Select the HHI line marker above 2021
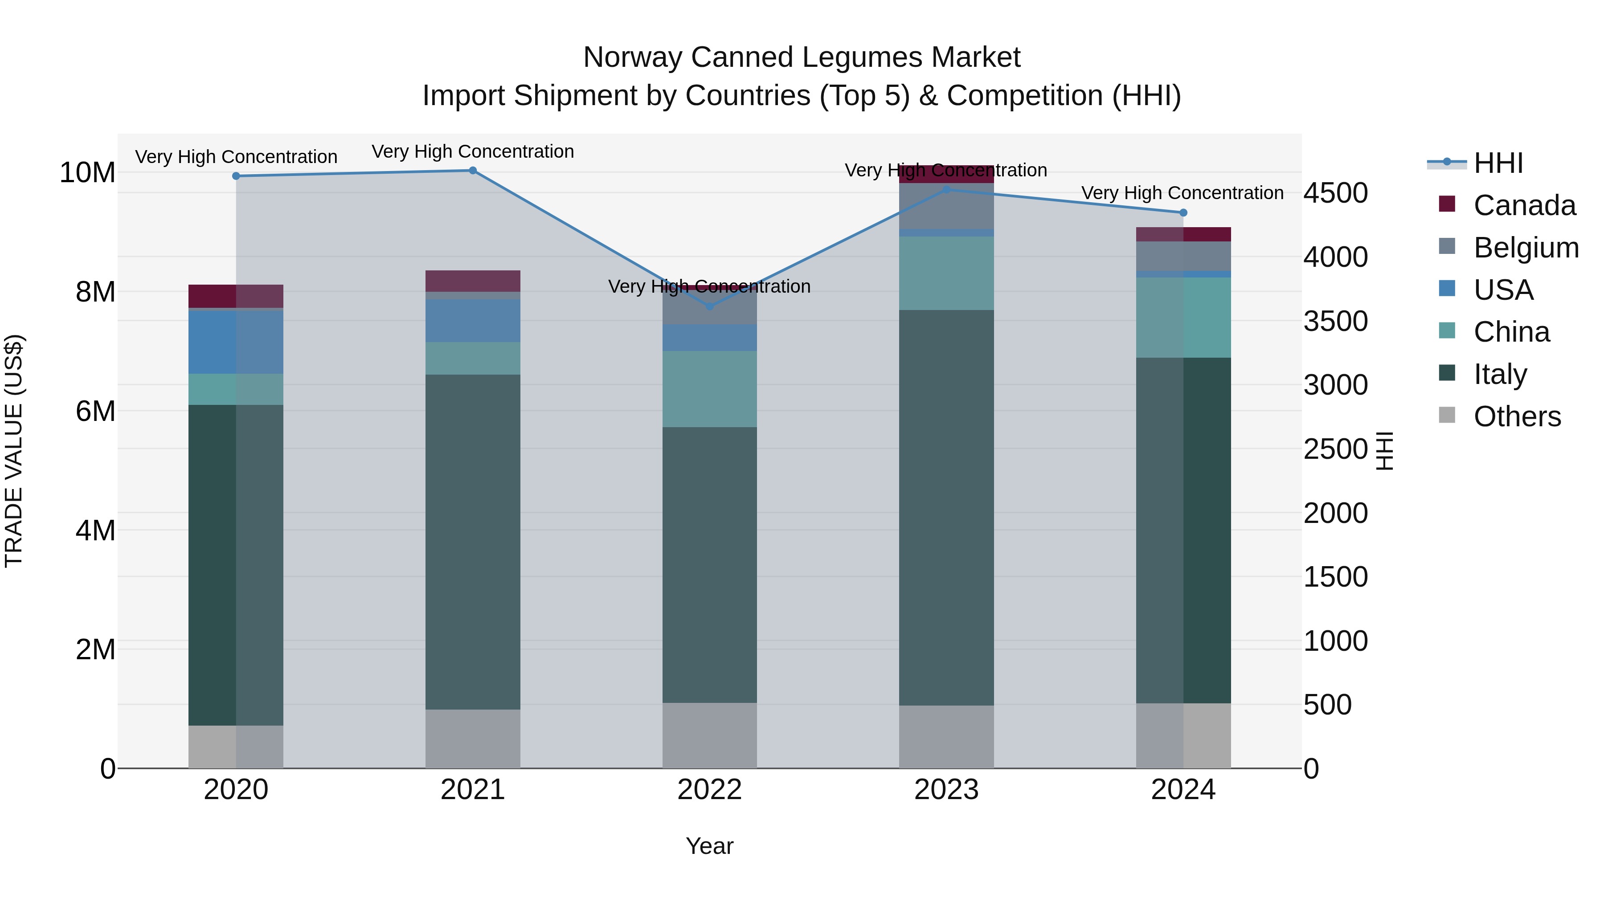pyautogui.click(x=473, y=171)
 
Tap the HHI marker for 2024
pyautogui.click(x=1183, y=213)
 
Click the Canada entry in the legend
pyautogui.click(x=1524, y=205)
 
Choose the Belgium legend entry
pyautogui.click(x=1526, y=248)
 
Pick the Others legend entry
pyautogui.click(x=1517, y=416)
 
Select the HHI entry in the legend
pyautogui.click(x=1498, y=163)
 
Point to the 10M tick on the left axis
pyautogui.click(x=87, y=172)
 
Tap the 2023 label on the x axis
pyautogui.click(x=946, y=790)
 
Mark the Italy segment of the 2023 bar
pyautogui.click(x=946, y=507)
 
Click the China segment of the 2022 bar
pyautogui.click(x=709, y=389)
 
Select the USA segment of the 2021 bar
pyautogui.click(x=473, y=321)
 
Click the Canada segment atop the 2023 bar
pyautogui.click(x=946, y=174)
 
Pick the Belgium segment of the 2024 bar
pyautogui.click(x=1183, y=256)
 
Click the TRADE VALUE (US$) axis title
pyautogui.click(x=14, y=451)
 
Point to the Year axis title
pyautogui.click(x=709, y=846)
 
